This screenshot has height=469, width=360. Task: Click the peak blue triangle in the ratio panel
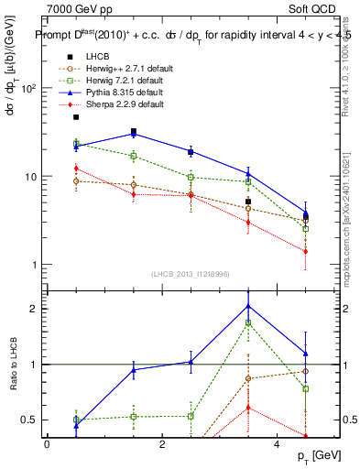coord(248,306)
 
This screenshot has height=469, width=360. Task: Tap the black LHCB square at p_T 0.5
coord(76,117)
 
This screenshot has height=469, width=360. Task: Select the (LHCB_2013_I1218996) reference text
coord(191,274)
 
